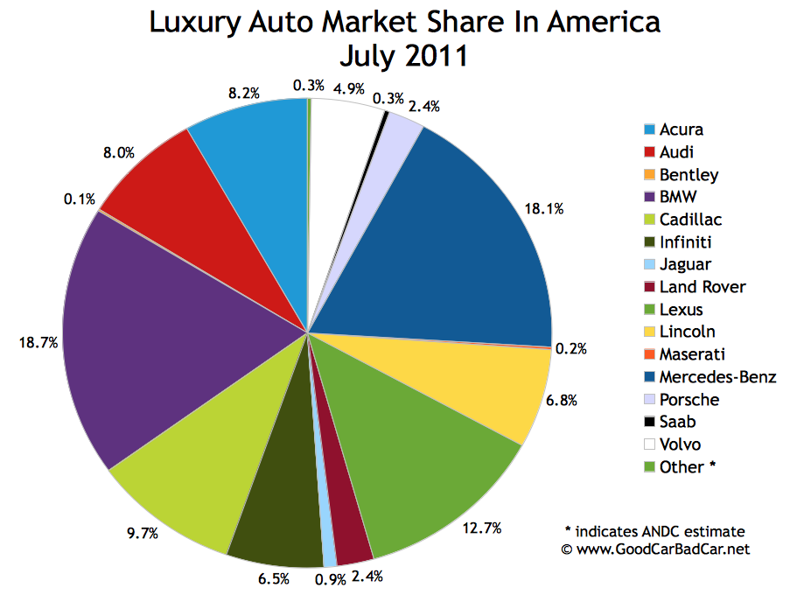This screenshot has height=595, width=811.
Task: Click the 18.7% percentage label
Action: pos(39,344)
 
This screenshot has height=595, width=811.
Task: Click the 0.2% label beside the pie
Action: pos(571,348)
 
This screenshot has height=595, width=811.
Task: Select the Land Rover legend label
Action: pos(703,287)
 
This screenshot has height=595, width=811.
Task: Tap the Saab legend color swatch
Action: pos(649,422)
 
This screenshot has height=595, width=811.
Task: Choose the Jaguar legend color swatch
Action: pos(649,264)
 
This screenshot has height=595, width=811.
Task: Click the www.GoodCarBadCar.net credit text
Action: pos(655,549)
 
